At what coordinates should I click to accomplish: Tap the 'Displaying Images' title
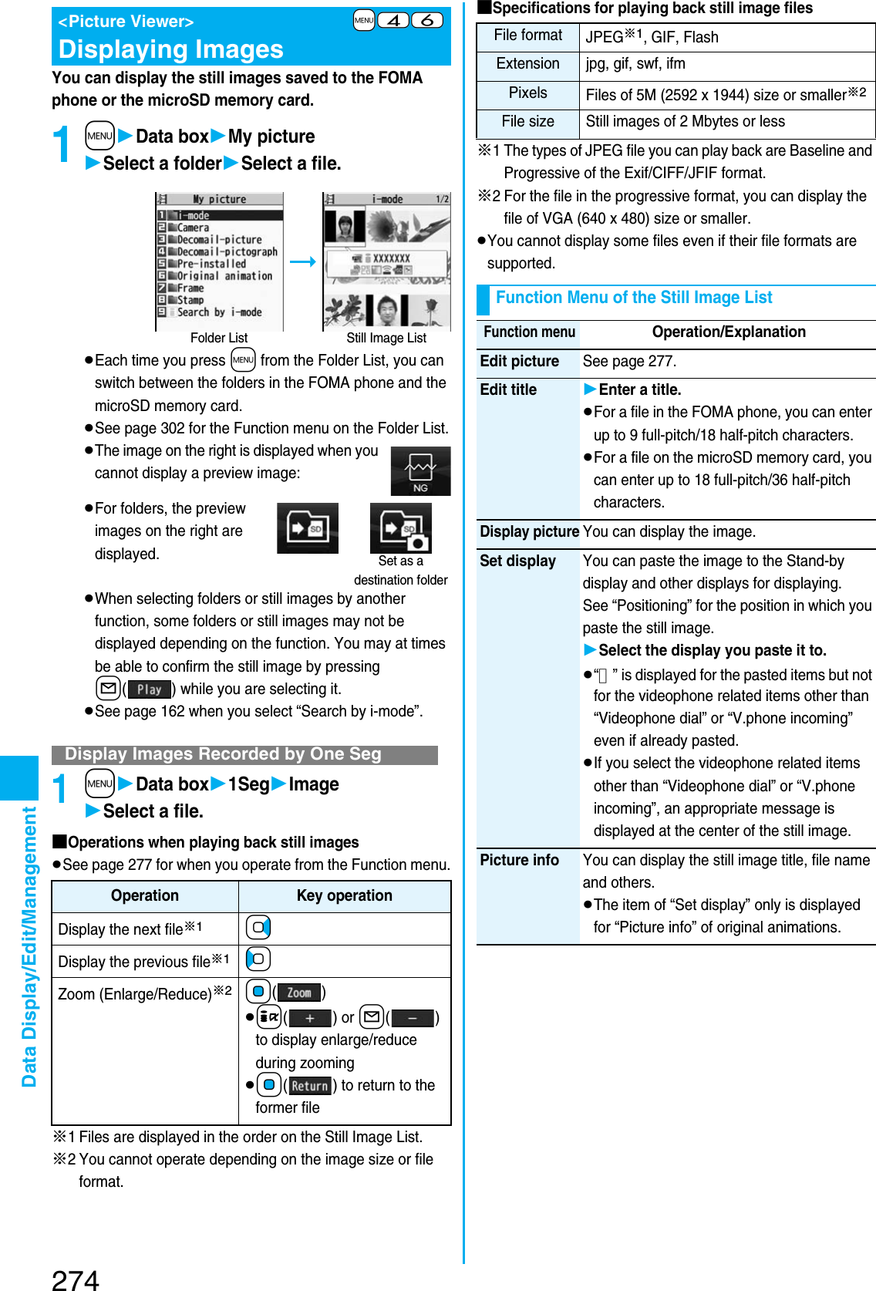point(171,49)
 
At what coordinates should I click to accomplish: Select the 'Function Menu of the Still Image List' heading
point(633,298)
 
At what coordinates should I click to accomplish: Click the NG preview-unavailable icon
point(420,471)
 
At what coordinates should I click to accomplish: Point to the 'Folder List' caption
point(219,338)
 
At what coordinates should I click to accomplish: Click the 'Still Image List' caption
point(386,338)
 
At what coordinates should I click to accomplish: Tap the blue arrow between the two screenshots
point(303,262)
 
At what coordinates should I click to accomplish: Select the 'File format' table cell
point(528,35)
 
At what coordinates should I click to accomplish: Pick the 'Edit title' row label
point(508,389)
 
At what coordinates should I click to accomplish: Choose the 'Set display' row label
point(517,561)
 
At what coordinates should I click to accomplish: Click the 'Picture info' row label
point(519,860)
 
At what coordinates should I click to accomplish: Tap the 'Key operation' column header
point(344,895)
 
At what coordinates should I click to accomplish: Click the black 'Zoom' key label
point(298,993)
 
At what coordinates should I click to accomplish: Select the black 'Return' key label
point(310,1086)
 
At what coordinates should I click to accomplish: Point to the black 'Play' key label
point(150,689)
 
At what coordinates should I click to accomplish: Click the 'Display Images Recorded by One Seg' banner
point(224,754)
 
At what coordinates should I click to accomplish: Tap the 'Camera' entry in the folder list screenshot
point(193,228)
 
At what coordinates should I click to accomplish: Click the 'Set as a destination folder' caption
point(400,570)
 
